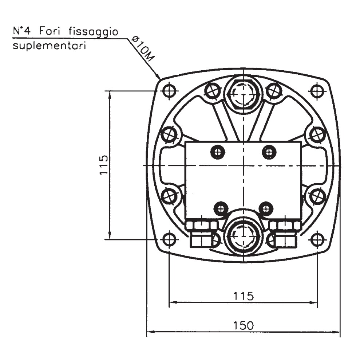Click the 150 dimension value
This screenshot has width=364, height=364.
(243, 325)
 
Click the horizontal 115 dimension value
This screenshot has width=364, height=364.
(244, 296)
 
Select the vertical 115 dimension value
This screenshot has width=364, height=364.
(104, 165)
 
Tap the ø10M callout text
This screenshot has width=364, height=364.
(142, 48)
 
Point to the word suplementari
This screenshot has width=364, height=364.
(50, 46)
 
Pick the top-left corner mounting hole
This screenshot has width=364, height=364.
(169, 90)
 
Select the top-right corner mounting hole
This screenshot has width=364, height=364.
(317, 90)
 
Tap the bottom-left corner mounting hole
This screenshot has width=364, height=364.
(169, 239)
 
